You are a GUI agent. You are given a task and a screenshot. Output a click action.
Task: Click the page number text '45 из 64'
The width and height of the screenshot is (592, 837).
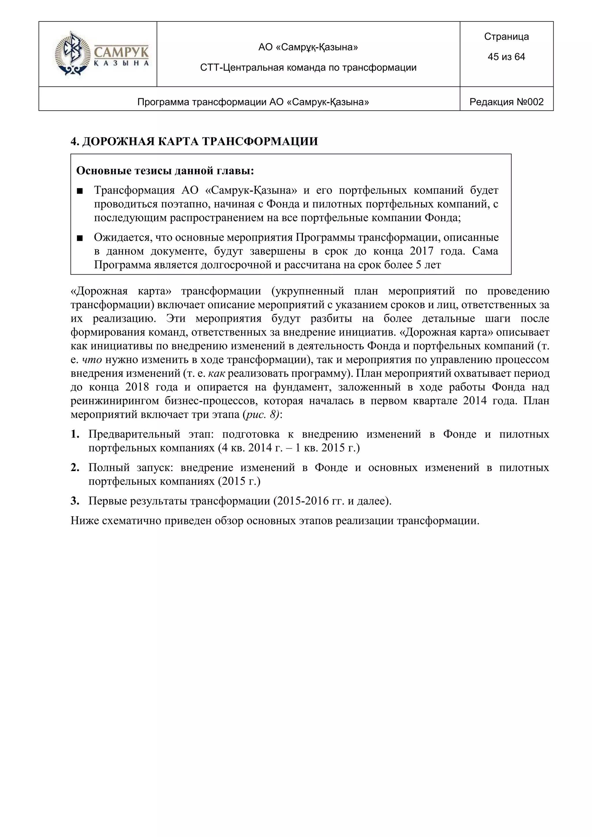(506, 57)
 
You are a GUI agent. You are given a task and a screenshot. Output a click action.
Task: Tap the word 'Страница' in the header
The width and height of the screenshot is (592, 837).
(506, 36)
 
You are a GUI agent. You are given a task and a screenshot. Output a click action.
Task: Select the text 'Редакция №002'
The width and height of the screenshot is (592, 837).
(506, 102)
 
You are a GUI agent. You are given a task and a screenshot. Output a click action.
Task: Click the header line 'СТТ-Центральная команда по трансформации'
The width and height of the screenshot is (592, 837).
(308, 67)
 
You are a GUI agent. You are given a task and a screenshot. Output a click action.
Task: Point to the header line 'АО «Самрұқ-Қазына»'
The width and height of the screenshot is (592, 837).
(308, 47)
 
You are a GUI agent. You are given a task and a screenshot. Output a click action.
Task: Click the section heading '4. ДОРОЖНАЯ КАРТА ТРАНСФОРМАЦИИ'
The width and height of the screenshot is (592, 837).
(194, 141)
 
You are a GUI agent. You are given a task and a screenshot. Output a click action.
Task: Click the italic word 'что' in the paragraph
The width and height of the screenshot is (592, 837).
(92, 360)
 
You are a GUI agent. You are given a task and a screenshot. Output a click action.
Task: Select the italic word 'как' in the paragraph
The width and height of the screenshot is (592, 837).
(217, 374)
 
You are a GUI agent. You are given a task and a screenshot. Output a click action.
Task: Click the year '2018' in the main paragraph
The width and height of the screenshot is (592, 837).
(138, 387)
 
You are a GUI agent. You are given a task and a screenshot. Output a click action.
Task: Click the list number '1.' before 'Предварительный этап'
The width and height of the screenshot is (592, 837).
(75, 434)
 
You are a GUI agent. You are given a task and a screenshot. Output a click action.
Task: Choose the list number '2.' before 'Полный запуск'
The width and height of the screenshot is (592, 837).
(75, 468)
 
